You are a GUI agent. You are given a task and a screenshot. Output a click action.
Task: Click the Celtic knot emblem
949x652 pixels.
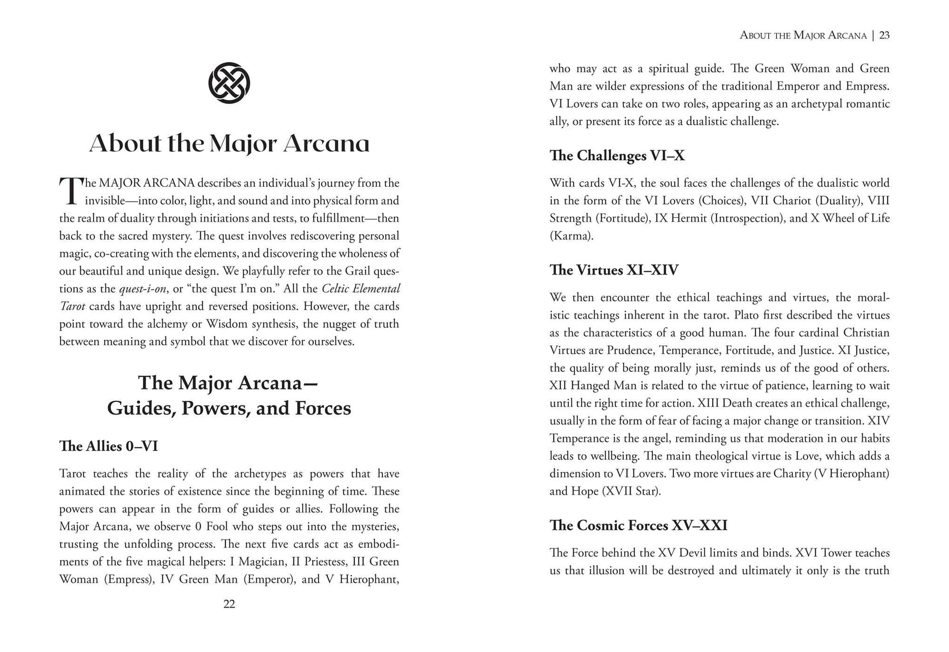click(229, 83)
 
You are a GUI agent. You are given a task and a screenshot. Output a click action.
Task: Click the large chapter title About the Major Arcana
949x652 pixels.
click(229, 143)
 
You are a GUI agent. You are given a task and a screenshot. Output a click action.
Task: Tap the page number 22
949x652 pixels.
click(229, 604)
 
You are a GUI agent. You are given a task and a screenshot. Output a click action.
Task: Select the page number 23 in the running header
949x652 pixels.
click(884, 35)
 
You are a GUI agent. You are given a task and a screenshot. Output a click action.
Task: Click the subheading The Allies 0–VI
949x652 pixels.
click(108, 446)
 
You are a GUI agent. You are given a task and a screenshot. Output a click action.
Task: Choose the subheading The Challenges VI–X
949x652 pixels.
click(617, 156)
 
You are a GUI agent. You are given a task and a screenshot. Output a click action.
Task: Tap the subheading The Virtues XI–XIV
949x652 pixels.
click(614, 270)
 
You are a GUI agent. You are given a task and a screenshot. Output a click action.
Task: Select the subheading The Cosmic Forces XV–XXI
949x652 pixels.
click(638, 525)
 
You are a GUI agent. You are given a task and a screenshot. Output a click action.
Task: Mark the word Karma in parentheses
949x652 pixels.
click(571, 236)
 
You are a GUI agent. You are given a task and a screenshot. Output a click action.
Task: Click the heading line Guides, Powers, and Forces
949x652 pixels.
click(229, 408)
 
